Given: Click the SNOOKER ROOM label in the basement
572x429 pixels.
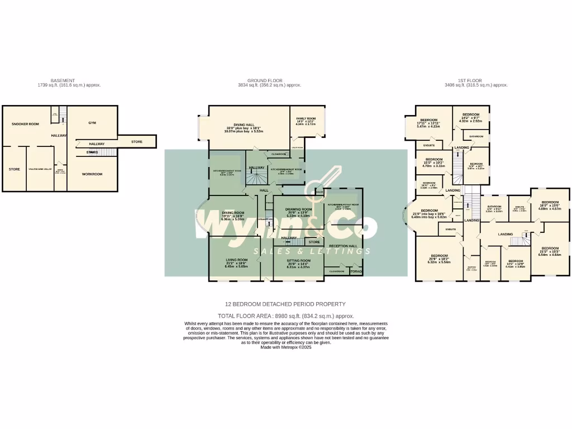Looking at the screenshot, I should tap(25, 124).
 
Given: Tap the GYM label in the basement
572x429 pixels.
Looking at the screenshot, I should tap(92, 122).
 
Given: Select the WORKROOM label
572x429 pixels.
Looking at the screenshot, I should tap(92, 174).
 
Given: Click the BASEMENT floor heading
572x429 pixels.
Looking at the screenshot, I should tap(63, 80).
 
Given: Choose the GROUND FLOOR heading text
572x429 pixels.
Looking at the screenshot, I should tap(269, 80).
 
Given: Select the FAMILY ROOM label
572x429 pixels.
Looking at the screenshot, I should tap(306, 118).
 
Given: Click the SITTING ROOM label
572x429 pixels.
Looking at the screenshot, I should tap(298, 260).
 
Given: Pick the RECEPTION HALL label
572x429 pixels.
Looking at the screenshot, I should tap(342, 246).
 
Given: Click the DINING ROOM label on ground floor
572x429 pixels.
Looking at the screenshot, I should tap(233, 213).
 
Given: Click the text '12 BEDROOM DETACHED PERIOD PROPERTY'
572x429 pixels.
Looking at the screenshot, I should tap(285, 304).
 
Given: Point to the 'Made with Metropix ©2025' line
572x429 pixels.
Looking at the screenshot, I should tap(286, 347).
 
